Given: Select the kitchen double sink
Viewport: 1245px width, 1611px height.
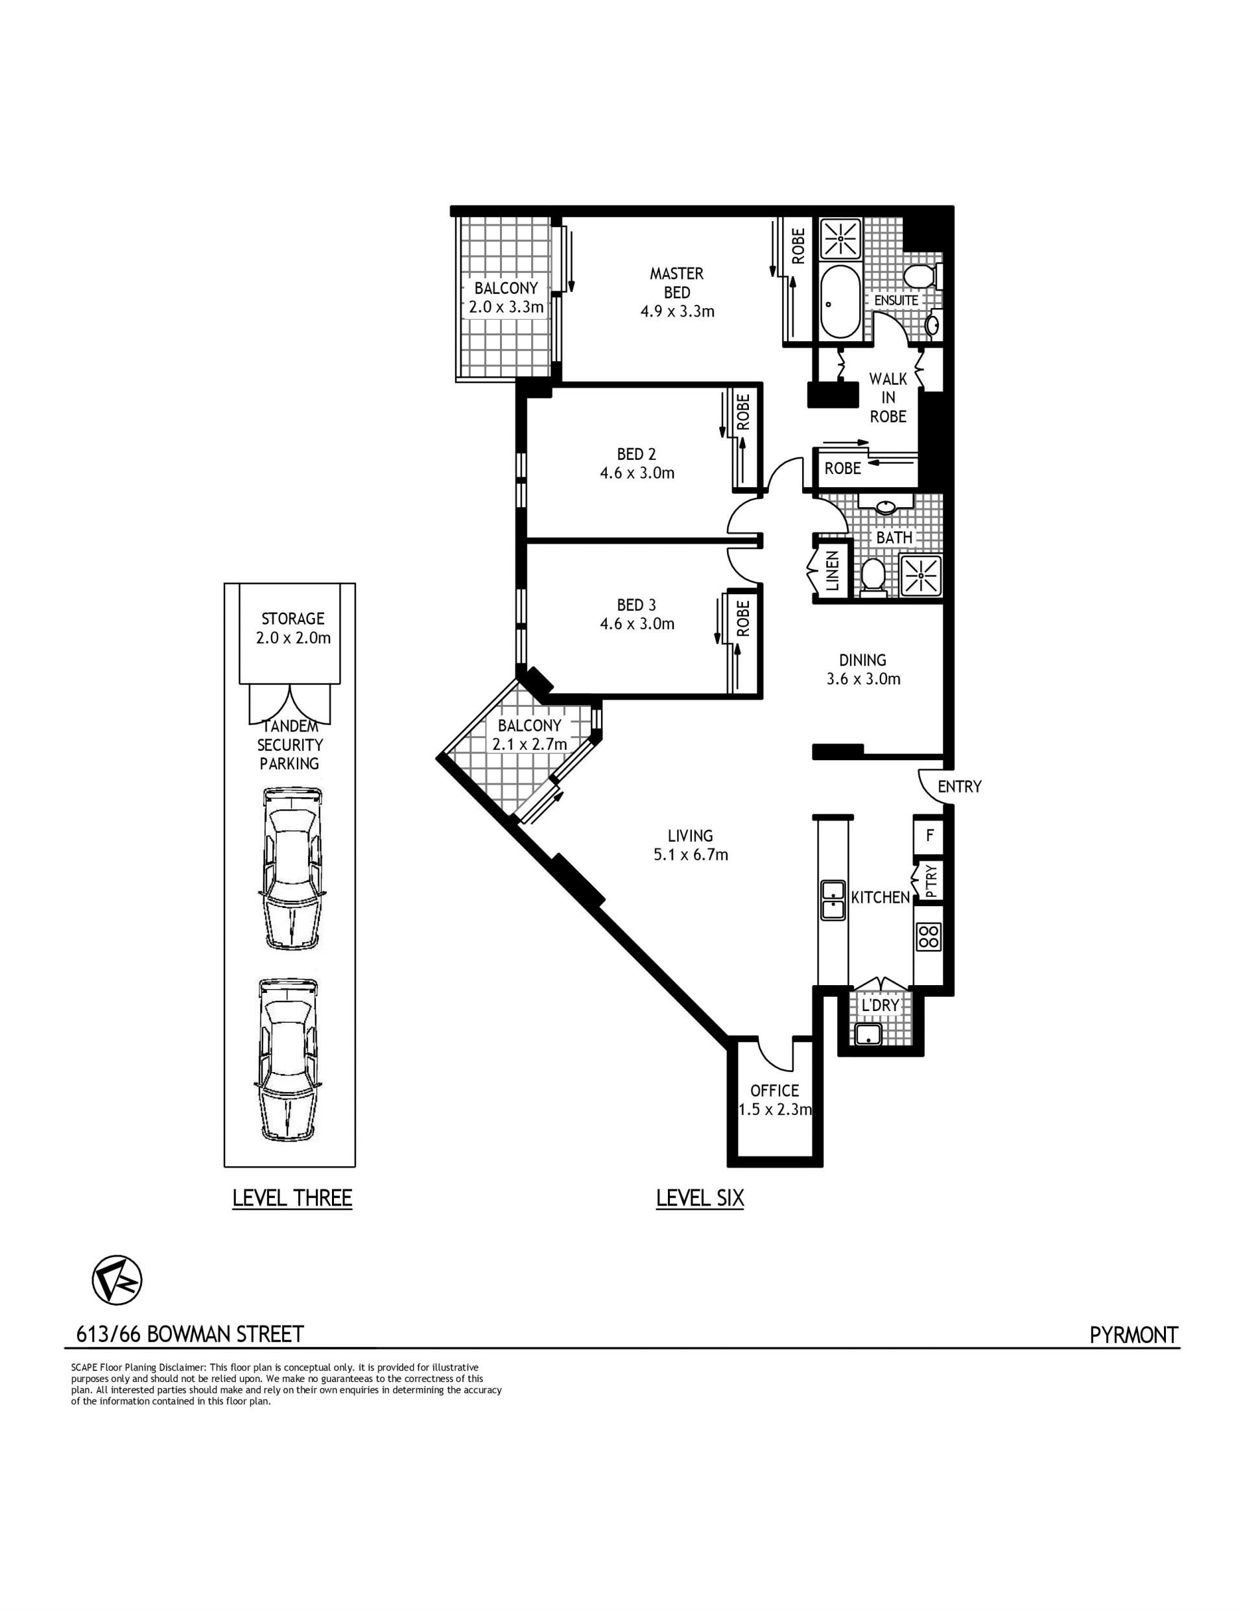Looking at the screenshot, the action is [833, 900].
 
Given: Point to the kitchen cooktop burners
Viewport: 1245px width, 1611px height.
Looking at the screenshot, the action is [928, 937].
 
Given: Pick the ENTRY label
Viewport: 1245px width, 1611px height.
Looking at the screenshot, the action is [959, 786].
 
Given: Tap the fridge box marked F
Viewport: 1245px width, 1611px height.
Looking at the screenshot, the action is [929, 837].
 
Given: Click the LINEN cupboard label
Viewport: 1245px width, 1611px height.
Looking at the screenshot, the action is [832, 571].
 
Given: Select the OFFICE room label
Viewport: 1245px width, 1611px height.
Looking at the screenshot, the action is [774, 1090].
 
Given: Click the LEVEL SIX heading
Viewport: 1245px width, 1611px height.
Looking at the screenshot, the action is [700, 1198].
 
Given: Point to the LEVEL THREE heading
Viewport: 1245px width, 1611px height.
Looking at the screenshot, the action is [292, 1198].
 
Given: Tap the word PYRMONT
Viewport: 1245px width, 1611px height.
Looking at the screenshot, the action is [1133, 1334].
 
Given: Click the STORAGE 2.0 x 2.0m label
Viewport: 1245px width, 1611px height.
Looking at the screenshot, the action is [293, 628].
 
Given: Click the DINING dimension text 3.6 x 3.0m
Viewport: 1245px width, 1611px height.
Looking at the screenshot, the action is [863, 678].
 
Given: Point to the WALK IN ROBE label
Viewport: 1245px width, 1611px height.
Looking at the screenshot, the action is [888, 398].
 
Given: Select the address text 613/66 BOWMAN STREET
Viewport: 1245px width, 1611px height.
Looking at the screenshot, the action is [190, 1334].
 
